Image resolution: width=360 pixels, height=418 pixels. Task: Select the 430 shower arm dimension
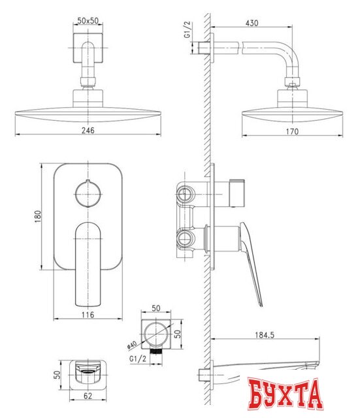coord(252,23)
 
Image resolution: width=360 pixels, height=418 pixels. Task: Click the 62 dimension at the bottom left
coord(87,396)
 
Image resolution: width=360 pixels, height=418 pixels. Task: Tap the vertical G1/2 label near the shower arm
coord(187,30)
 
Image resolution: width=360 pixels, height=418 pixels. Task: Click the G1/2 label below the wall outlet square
coord(138,359)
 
